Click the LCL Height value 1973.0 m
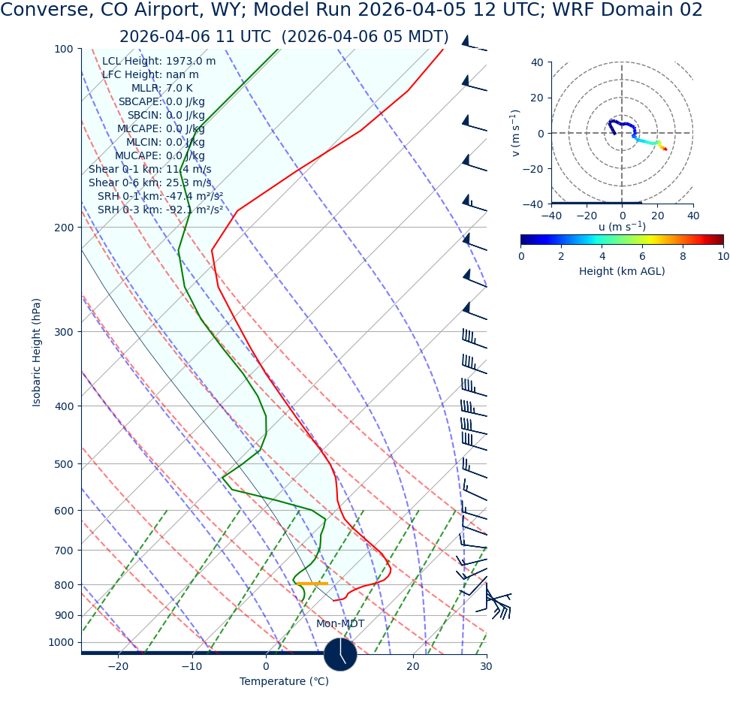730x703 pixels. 191,62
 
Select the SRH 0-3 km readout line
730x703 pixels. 160,210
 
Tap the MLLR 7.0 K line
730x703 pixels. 161,89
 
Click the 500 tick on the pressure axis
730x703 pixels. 63,464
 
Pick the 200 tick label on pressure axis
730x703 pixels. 63,228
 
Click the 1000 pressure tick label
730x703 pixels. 60,642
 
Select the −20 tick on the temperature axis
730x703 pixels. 118,666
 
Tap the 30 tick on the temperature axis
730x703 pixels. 486,666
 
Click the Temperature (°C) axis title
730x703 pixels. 284,682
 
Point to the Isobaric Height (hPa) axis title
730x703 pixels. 37,352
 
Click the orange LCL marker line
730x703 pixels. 312,584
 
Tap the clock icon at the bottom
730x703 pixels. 340,654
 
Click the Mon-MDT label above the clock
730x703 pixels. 340,624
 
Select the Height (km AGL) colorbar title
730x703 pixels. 622,271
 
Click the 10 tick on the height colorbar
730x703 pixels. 722,256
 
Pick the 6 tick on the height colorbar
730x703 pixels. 642,256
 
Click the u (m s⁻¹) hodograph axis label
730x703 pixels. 622,227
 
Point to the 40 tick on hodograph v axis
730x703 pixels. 537,62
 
